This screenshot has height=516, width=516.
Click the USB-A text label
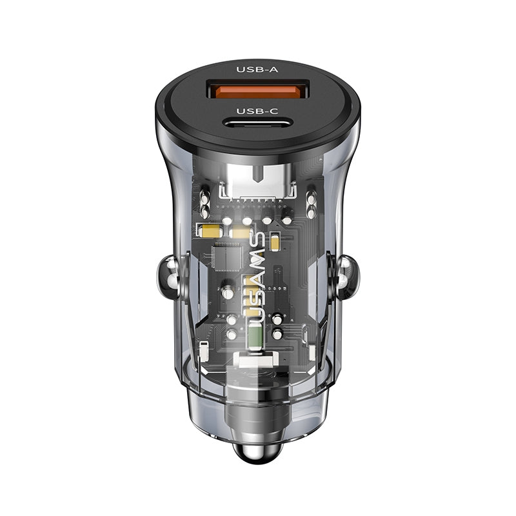pos(257,70)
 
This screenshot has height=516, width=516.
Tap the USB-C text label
pos(257,110)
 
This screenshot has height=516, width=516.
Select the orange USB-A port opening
pos(257,90)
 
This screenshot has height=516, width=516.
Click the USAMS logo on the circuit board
pos(255,277)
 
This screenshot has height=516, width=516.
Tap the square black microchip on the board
pos(226,255)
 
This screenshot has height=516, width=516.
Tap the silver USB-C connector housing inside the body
pos(257,181)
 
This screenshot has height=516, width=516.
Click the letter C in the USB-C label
pos(274,110)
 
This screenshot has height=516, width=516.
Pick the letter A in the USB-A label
pos(274,70)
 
